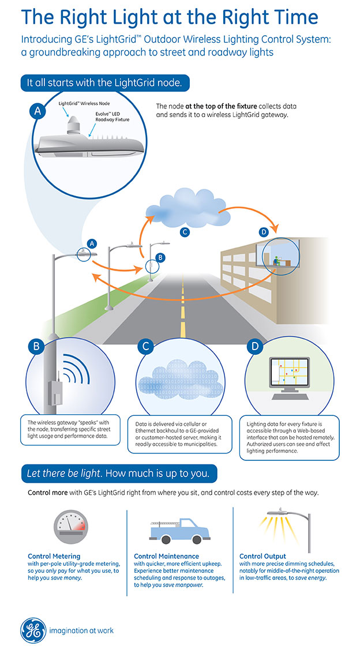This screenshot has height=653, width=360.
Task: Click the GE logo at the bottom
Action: coord(33,630)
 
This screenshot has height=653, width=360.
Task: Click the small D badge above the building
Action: coord(263,232)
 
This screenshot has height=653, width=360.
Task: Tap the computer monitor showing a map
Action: coord(289,375)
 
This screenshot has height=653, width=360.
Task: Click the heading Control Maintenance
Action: coord(166,556)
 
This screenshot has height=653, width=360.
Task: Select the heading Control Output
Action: coord(262,556)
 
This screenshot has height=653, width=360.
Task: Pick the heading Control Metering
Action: coord(54,556)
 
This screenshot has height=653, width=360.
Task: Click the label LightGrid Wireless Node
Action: coord(84,103)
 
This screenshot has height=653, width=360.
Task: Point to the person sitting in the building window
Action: coord(275,260)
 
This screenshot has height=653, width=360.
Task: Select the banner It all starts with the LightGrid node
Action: coord(105,82)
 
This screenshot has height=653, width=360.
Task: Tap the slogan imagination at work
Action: coord(81,631)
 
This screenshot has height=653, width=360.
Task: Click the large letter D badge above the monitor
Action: coord(254,347)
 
